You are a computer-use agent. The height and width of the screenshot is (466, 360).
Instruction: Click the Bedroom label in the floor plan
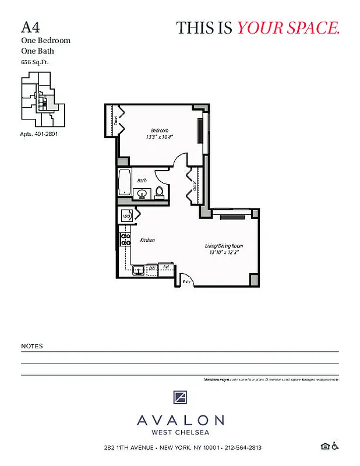(160, 130)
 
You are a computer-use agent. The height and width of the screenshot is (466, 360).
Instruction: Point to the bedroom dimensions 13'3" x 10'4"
(160, 137)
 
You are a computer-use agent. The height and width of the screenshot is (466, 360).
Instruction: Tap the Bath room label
(142, 181)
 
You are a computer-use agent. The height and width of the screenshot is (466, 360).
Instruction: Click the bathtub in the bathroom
(125, 182)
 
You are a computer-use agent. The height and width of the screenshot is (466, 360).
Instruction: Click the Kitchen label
(147, 240)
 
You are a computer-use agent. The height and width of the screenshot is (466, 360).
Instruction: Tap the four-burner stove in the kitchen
(125, 240)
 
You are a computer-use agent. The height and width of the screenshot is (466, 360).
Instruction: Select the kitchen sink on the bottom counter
(138, 269)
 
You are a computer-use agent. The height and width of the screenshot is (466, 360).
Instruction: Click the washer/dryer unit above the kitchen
(127, 216)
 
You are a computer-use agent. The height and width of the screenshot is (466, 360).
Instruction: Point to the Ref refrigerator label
(166, 267)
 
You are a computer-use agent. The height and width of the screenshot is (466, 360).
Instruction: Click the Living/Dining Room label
(224, 245)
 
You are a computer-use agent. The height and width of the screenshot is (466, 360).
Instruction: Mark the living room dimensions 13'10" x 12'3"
(224, 252)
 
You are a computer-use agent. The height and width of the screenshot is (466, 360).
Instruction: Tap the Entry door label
(186, 282)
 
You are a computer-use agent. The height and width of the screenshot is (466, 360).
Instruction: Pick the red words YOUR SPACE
(288, 27)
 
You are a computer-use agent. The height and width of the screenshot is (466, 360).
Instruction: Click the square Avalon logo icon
(180, 398)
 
